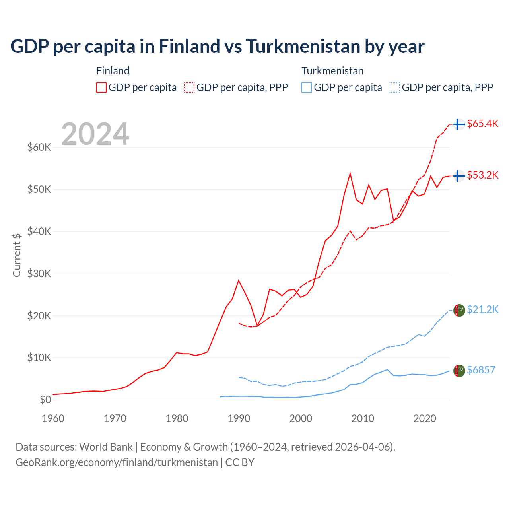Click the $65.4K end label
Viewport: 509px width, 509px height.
click(482, 124)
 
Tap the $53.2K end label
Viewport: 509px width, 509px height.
click(482, 175)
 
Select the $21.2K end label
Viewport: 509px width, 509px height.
click(482, 309)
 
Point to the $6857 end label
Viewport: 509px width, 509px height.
click(481, 370)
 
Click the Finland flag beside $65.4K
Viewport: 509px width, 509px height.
click(459, 124)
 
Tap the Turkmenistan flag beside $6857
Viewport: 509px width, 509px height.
click(459, 371)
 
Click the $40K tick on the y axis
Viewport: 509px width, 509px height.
click(39, 231)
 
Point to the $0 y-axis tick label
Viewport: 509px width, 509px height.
click(45, 400)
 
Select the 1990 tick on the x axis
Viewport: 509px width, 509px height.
click(239, 418)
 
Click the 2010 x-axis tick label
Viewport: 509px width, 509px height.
click(363, 418)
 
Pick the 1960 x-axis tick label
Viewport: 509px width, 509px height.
click(53, 418)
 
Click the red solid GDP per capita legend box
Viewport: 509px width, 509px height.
click(101, 87)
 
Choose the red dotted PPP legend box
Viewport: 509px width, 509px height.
click(189, 87)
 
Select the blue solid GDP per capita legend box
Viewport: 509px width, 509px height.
click(307, 87)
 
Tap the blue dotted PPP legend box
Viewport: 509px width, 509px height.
click(395, 87)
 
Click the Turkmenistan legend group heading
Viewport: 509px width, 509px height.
click(332, 71)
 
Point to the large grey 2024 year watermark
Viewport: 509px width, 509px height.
click(95, 134)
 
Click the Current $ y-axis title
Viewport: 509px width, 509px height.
click(17, 255)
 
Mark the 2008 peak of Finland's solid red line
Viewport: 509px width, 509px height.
click(350, 173)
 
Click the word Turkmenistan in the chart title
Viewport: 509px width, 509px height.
click(303, 47)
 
